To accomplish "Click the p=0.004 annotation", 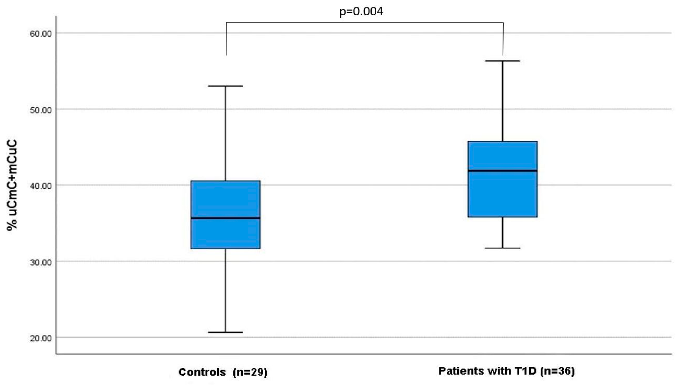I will point(361,11).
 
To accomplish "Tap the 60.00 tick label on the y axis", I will point(41,34).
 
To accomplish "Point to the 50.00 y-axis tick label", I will point(41,110).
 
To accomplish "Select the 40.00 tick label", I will point(41,186).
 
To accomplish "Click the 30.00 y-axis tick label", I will point(41,262).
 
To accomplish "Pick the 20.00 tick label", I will point(41,338).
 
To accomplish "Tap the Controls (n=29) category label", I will point(223,372).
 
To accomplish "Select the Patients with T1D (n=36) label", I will point(506,371).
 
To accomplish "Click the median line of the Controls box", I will point(225,218).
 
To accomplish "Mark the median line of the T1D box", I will point(502,171).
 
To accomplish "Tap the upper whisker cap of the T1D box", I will point(502,61).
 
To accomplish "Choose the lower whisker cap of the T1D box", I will point(502,248).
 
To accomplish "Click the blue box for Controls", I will point(225,200).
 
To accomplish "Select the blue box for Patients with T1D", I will point(502,194).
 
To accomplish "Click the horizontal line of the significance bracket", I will point(364,22).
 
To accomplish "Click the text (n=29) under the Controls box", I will point(250,372).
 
